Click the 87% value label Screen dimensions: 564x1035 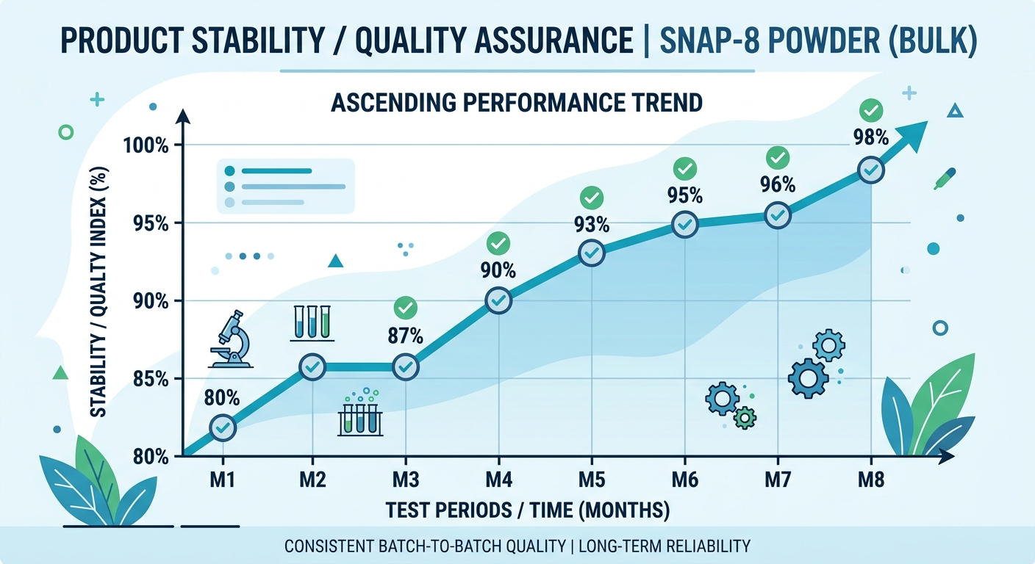click(x=405, y=336)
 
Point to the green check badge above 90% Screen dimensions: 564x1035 click(x=498, y=242)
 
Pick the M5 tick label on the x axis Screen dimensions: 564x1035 click(x=592, y=480)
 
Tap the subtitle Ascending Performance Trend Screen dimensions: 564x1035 click(x=517, y=103)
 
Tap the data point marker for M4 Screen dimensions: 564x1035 click(x=498, y=301)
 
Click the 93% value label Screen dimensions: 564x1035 click(x=592, y=224)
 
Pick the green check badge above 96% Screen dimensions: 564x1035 click(x=778, y=157)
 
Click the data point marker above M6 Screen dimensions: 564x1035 click(x=685, y=225)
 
